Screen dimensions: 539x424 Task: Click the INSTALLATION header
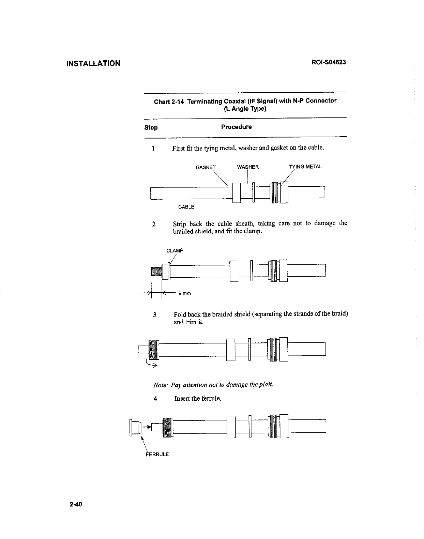click(93, 63)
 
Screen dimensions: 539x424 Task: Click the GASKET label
click(206, 167)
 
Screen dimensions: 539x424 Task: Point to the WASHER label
click(248, 167)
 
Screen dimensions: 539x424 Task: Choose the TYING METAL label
click(305, 167)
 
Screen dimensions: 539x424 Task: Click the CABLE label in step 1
click(186, 207)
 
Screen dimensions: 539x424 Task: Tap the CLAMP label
click(175, 251)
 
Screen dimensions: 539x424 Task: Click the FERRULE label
click(157, 454)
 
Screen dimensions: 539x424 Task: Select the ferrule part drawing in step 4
click(136, 428)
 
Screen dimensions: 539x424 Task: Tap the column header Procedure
click(236, 127)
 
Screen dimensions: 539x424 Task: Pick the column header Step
click(151, 128)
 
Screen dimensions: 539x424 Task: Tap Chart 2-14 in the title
click(169, 102)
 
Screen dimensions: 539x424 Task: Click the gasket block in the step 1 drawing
click(236, 193)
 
